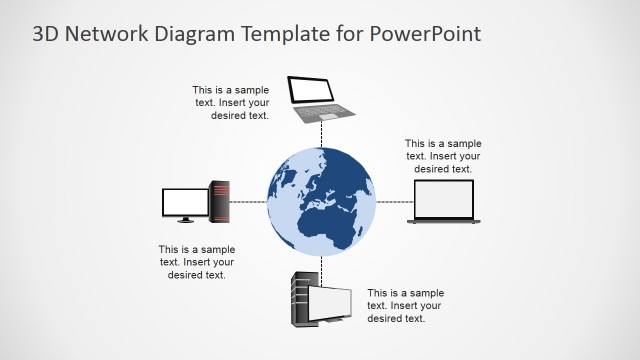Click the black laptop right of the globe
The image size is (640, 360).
pos(444,202)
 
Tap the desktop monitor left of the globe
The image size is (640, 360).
pos(185,203)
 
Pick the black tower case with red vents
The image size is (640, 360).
pos(219,200)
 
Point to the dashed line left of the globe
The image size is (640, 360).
pos(248,201)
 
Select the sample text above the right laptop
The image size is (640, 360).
pos(443,156)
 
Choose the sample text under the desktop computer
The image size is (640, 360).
pos(196,262)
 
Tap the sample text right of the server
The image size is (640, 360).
pos(405,306)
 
